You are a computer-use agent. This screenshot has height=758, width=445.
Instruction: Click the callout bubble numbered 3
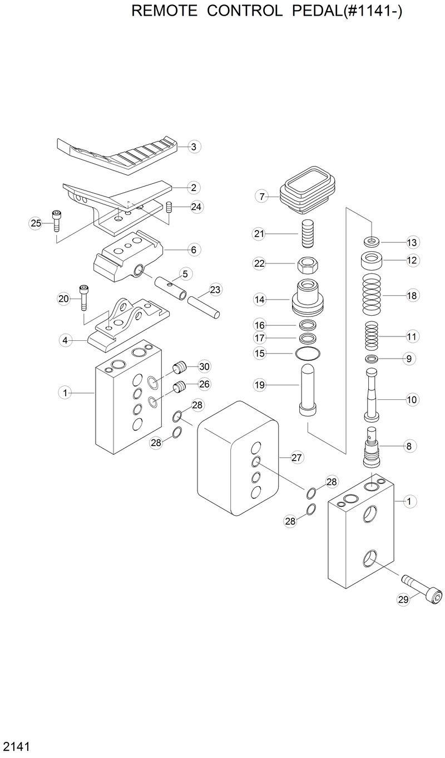tap(193, 147)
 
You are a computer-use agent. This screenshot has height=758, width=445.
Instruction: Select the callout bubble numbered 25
tap(36, 223)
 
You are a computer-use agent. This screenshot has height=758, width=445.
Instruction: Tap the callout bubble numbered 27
tap(296, 458)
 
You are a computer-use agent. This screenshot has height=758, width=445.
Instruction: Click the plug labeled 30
tap(179, 368)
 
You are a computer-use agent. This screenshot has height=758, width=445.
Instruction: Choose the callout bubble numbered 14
tap(259, 300)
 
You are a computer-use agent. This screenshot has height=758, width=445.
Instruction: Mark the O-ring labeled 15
tap(308, 353)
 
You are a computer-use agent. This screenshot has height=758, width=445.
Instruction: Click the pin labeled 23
tap(205, 306)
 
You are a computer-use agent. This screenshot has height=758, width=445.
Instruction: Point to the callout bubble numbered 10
tap(412, 399)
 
